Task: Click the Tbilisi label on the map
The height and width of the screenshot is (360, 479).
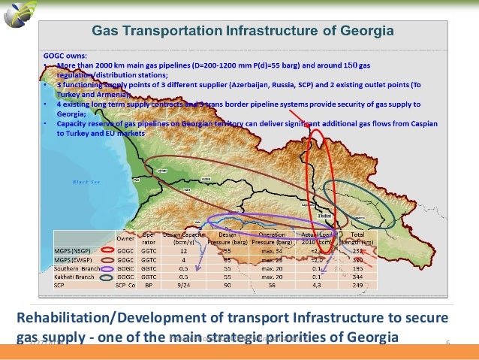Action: tap(325, 213)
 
